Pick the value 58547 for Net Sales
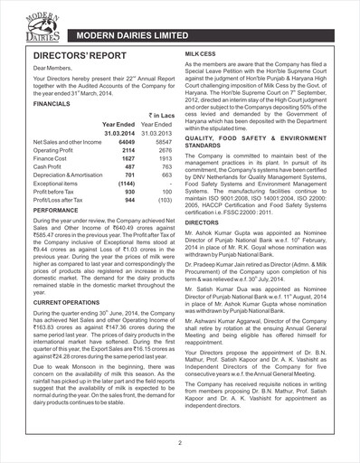163,143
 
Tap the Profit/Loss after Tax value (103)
163,200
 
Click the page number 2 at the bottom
180,442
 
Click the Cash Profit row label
49,167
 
